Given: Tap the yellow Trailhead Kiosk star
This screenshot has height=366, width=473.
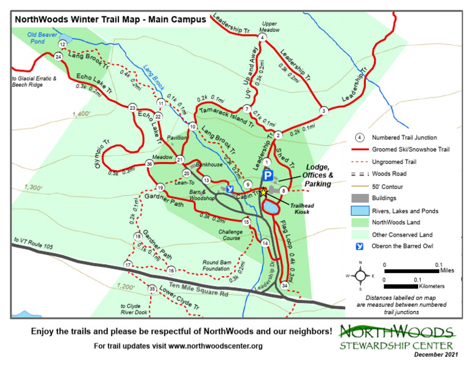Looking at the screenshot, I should click(x=264, y=192).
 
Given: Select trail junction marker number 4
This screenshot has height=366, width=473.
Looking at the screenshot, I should click(x=262, y=38).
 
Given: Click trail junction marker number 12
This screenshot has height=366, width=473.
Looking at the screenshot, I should click(x=62, y=44).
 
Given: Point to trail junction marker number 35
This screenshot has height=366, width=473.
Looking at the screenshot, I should click(x=152, y=288).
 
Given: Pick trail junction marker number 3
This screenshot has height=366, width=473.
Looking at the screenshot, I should click(x=323, y=111).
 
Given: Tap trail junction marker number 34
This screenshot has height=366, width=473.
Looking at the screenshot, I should click(x=284, y=286).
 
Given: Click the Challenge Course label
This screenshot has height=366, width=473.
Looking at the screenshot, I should click(x=230, y=235).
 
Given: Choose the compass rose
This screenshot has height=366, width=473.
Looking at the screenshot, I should click(x=360, y=275).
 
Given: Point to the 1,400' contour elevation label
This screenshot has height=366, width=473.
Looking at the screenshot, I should click(x=81, y=114).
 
